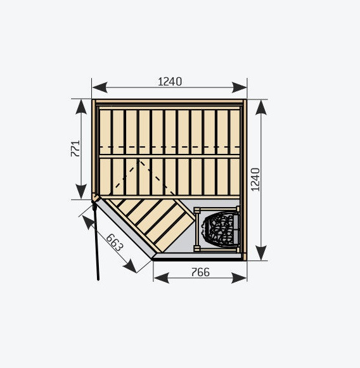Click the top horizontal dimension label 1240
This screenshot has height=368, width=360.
click(170, 82)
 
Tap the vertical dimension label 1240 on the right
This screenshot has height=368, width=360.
click(255, 179)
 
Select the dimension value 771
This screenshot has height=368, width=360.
click(75, 149)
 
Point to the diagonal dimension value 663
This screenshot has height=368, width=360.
click(114, 243)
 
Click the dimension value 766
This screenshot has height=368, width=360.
click(200, 272)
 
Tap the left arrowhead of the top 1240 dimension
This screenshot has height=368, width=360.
click(100, 87)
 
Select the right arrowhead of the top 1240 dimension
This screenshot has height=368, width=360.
click(239, 87)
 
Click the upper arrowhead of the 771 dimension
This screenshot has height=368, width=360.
click(81, 107)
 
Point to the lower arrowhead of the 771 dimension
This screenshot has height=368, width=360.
click(81, 191)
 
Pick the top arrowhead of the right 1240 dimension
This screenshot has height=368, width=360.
click(261, 108)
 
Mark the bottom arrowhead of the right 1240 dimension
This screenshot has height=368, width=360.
click(261, 253)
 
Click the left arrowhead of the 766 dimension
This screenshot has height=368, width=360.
click(162, 278)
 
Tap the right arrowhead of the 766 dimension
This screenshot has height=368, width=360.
click(239, 278)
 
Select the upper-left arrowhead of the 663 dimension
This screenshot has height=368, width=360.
click(88, 222)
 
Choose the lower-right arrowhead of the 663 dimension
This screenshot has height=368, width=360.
click(130, 266)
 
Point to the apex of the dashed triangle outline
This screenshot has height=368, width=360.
click(139, 160)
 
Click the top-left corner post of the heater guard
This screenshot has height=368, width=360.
click(196, 210)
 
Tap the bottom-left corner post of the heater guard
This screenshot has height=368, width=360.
click(196, 248)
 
